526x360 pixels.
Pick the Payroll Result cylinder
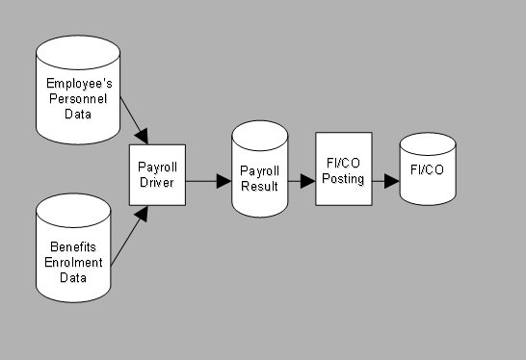(x=260, y=173)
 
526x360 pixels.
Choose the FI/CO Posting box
(x=344, y=169)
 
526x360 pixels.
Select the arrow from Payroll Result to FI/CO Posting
(x=302, y=180)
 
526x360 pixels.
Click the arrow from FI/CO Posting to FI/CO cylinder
(x=385, y=180)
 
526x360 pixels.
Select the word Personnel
(x=77, y=98)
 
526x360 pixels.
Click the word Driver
(x=157, y=183)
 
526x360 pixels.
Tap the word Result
(x=260, y=186)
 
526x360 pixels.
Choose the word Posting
(x=344, y=179)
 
